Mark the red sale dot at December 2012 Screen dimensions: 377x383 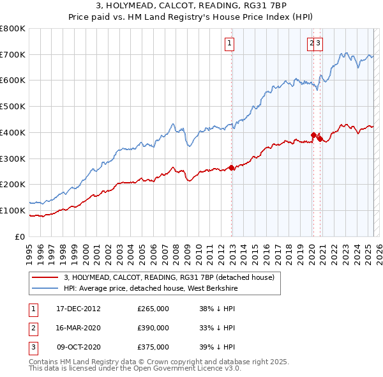231,167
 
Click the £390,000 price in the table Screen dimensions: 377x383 153,328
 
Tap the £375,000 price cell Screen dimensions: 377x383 153,348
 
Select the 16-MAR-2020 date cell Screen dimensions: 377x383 79,328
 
